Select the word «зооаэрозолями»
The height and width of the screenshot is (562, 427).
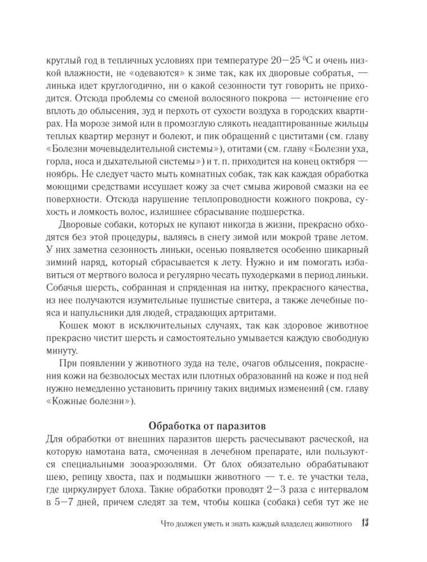181,464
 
